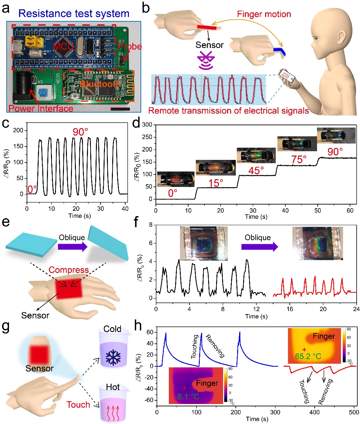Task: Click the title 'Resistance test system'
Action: (74, 14)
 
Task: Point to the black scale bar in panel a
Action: (120, 109)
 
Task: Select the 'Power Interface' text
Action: (41, 109)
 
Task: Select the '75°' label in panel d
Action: (299, 160)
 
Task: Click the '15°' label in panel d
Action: (216, 183)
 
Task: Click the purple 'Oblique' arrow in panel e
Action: (72, 247)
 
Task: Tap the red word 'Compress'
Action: (69, 270)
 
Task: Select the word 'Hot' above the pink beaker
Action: (113, 387)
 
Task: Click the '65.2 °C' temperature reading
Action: (308, 356)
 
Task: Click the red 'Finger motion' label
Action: (264, 14)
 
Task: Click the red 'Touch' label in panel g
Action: (78, 405)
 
